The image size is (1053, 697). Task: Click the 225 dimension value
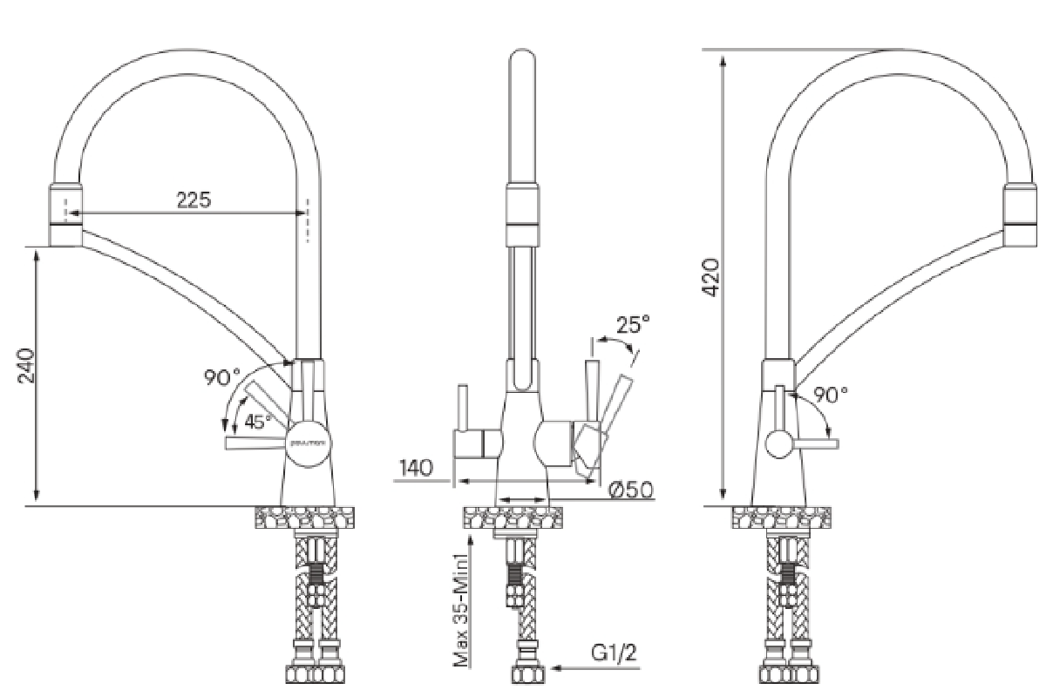click(x=194, y=200)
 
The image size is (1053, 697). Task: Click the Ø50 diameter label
click(x=631, y=491)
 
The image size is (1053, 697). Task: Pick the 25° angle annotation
click(x=634, y=325)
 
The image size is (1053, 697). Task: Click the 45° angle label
click(x=258, y=422)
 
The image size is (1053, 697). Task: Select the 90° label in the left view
click(x=222, y=377)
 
